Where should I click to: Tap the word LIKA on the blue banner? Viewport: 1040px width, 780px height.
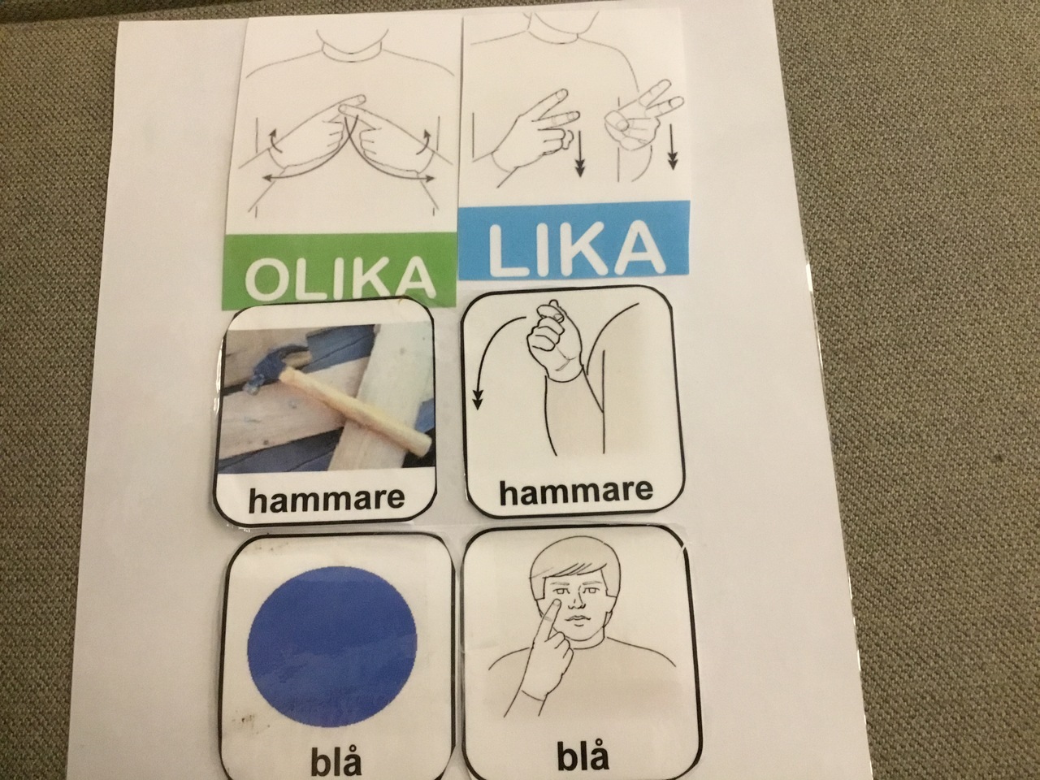[574, 249]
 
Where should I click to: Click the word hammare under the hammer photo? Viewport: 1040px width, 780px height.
[326, 498]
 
